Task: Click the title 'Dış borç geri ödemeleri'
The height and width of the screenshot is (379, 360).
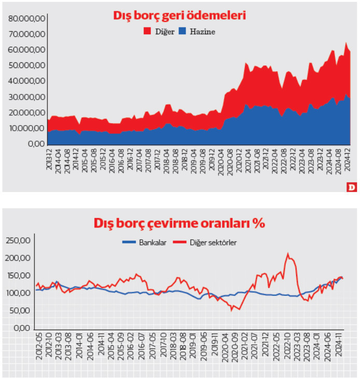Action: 179,16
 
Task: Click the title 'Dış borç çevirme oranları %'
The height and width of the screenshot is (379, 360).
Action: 179,223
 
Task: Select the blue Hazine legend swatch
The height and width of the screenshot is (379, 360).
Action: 183,32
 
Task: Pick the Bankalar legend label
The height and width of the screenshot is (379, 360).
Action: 153,242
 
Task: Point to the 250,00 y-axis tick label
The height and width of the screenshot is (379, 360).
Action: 18,240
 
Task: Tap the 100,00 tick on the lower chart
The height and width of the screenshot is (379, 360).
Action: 18,293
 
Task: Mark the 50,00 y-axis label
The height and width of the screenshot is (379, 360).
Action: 20,311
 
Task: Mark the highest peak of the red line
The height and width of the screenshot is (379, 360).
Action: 288,253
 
